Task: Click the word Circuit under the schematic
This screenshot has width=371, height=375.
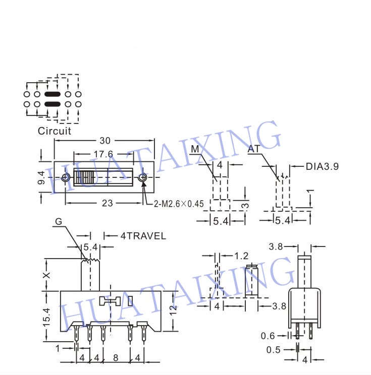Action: click(55, 131)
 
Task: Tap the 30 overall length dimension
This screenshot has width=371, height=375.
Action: click(105, 141)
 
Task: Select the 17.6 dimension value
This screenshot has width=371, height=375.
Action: click(103, 154)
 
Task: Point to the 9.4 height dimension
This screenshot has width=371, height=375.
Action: click(41, 177)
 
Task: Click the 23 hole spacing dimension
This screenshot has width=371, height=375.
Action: click(107, 203)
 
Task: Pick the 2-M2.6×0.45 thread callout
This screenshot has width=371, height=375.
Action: click(179, 204)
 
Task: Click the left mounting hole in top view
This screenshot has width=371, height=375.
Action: click(66, 177)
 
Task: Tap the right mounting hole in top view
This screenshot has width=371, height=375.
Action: click(143, 177)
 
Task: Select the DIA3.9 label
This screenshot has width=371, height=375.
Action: click(323, 166)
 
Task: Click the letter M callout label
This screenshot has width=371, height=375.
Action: click(195, 149)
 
